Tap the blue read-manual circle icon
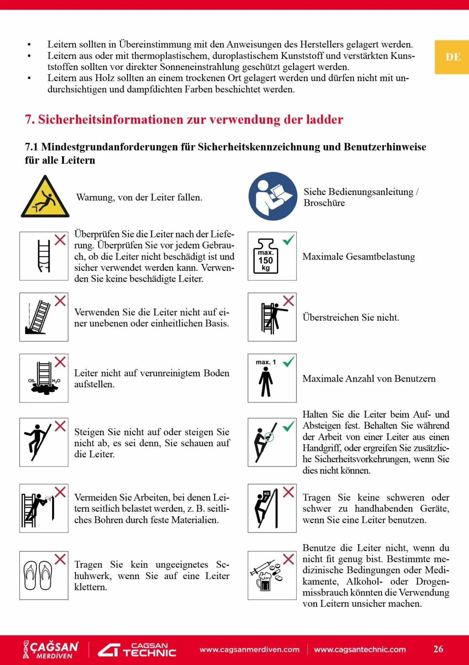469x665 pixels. click(x=273, y=196)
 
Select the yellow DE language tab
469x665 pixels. click(x=453, y=57)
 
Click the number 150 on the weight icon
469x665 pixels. click(x=266, y=260)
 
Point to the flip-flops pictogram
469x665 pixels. click(x=38, y=575)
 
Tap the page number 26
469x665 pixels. click(x=438, y=649)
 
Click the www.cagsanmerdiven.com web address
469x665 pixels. click(x=249, y=649)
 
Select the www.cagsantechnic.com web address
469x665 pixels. click(x=360, y=649)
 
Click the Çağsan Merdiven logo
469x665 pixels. click(x=51, y=649)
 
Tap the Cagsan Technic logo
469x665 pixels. click(x=137, y=650)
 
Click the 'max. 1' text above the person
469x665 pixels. click(x=266, y=362)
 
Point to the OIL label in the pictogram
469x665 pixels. click(x=32, y=381)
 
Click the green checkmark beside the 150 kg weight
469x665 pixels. click(x=289, y=240)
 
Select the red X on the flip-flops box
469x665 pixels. click(x=60, y=559)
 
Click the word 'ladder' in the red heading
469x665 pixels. click(x=325, y=120)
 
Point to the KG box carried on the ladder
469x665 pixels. click(x=267, y=494)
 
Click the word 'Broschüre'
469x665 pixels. click(x=324, y=203)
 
